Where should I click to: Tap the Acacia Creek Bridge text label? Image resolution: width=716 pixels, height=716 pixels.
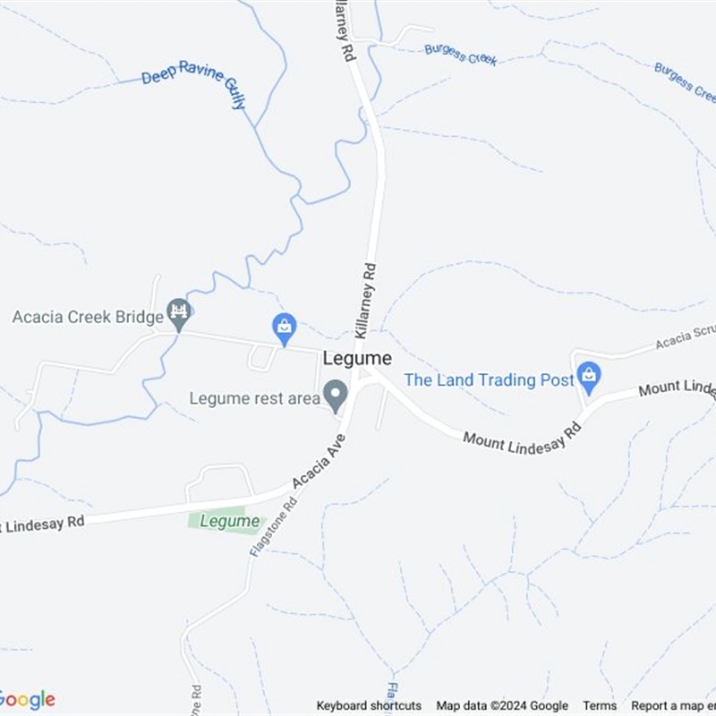click(88, 317)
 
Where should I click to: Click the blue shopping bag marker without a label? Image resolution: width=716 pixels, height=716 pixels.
click(284, 328)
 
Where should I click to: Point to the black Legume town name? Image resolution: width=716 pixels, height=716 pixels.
click(357, 358)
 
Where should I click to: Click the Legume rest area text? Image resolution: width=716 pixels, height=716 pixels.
click(254, 398)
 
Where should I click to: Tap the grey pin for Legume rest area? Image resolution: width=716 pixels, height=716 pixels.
click(336, 395)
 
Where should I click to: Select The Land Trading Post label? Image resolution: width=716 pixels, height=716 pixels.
click(489, 380)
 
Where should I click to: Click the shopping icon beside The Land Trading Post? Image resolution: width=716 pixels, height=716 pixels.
click(588, 376)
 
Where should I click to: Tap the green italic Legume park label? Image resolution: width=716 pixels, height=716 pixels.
click(230, 521)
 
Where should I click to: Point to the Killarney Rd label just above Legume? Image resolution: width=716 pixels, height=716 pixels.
click(367, 299)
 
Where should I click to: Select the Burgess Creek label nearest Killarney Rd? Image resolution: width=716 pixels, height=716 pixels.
click(460, 55)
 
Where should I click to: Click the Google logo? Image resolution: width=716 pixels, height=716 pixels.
click(27, 700)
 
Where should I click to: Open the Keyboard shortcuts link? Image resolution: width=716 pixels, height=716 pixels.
click(369, 706)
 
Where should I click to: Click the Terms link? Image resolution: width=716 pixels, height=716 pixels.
click(600, 706)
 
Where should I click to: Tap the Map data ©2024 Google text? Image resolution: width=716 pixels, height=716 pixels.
click(502, 706)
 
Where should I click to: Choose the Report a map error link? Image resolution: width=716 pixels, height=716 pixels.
click(673, 706)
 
